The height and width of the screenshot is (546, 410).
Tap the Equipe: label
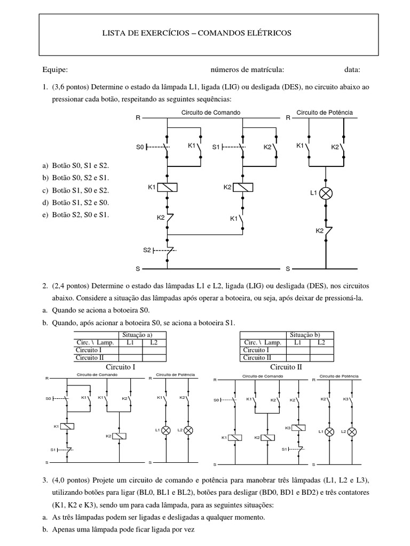click(x=55, y=69)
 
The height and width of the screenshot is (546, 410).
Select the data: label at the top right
click(x=352, y=69)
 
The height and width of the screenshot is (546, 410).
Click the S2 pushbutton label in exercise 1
click(x=147, y=249)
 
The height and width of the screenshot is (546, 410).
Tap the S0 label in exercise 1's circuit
click(x=140, y=146)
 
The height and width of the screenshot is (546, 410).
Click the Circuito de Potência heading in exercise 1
click(x=325, y=113)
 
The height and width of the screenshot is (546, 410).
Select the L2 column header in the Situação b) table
click(x=321, y=342)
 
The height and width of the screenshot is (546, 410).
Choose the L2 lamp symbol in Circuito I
click(x=188, y=430)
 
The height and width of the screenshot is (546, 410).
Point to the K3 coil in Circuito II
click(x=299, y=428)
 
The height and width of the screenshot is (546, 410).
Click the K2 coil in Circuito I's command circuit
click(x=121, y=436)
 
